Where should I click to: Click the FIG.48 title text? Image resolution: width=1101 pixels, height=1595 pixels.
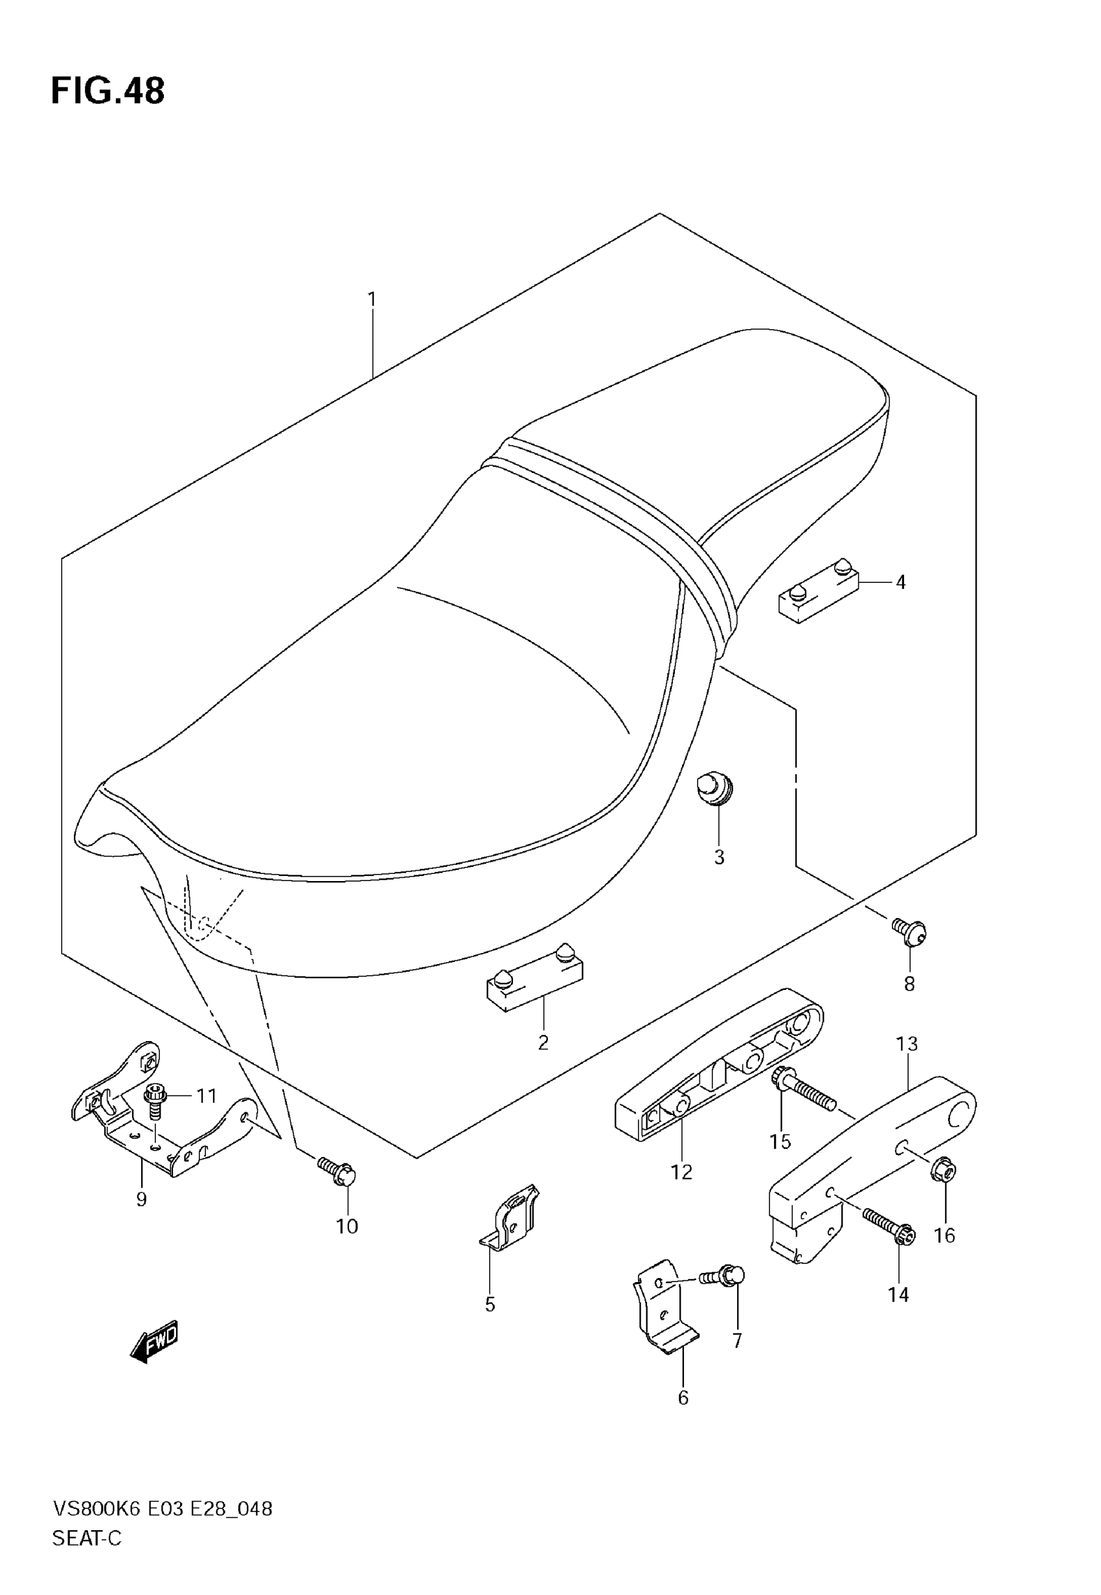tap(108, 91)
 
